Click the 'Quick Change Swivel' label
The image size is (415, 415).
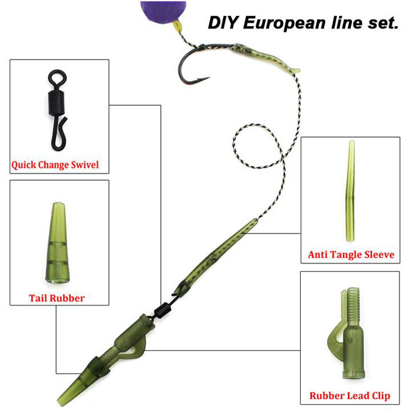coord(55,165)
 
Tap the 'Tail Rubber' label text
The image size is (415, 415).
coord(57,298)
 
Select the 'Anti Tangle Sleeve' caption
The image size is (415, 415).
coord(351,255)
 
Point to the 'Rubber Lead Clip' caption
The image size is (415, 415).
coord(350,396)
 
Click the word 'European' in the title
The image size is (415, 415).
coord(284,23)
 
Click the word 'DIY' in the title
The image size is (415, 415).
coord(223,22)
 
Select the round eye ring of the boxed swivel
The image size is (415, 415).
coord(57,77)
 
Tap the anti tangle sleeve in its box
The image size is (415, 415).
coord(351,191)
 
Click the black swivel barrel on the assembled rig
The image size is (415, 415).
coord(161,310)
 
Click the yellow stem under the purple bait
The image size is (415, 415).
coord(177,26)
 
